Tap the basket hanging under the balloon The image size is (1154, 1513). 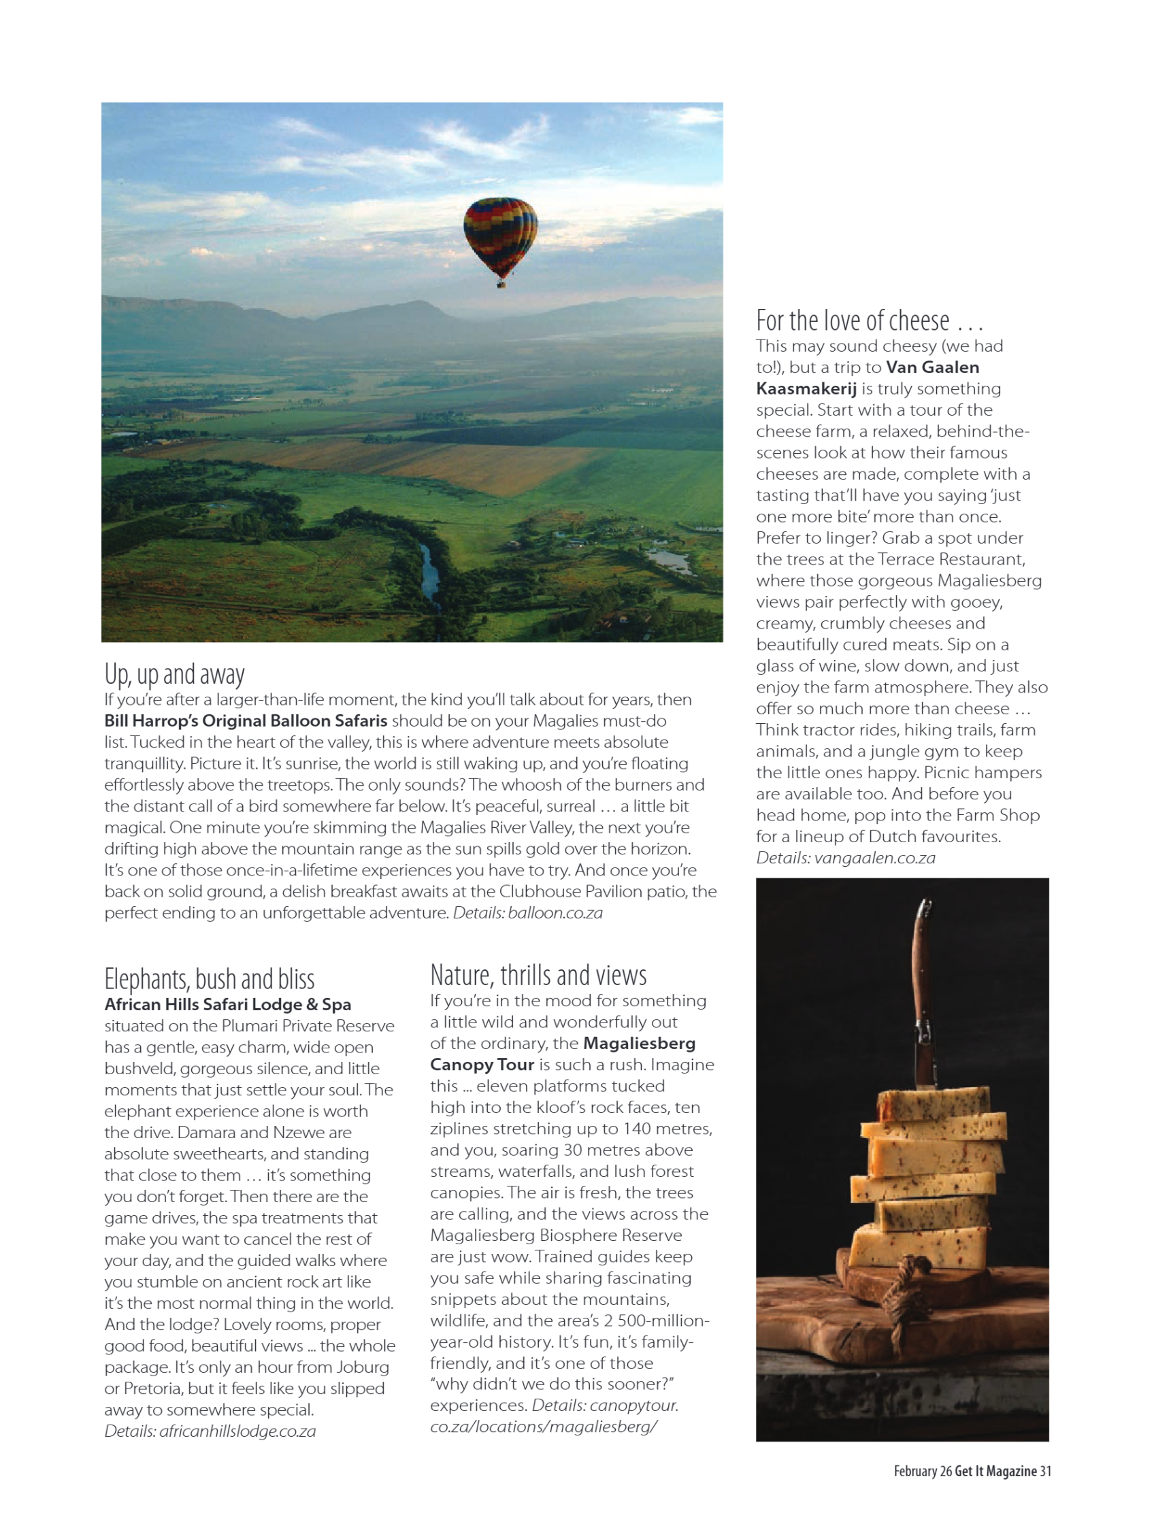point(501,282)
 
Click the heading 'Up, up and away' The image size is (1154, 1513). point(174,674)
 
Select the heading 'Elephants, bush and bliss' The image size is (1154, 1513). point(210,979)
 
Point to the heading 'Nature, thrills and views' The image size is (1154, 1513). point(538,976)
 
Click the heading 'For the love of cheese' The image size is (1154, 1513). point(869,320)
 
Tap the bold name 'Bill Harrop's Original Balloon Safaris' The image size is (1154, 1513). point(246,720)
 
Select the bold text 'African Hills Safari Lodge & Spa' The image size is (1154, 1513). point(227,1004)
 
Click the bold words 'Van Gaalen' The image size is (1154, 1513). point(932,367)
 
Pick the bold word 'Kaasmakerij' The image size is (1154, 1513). point(806,388)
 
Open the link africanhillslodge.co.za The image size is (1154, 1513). point(237,1431)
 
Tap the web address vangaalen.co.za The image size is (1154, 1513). point(874,858)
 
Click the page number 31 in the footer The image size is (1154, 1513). point(1045,1470)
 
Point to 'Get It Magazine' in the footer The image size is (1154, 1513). point(995,1470)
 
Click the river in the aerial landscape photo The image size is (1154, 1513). point(430,574)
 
